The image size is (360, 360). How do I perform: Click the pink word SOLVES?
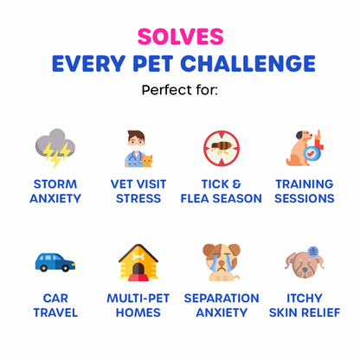pos(180,36)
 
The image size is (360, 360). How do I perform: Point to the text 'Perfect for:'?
pos(180,89)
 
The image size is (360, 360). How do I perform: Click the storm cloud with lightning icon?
pos(55,148)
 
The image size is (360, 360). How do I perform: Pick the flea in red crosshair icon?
pos(222,148)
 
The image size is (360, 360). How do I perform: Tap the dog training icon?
pos(304,148)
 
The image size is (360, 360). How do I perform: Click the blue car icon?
pos(55,260)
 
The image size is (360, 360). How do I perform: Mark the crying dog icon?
pos(222,260)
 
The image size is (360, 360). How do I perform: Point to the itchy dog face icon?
pos(304,260)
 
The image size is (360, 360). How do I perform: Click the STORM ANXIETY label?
pos(55,191)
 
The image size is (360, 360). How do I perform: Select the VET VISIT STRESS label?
pos(138,191)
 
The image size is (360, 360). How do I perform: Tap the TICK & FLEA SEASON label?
pos(222,191)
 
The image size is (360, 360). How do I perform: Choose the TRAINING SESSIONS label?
pos(304,191)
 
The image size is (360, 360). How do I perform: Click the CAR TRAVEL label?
pos(55,305)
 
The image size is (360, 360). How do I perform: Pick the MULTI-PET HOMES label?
pos(138,305)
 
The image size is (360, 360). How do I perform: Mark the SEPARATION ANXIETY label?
pos(222,305)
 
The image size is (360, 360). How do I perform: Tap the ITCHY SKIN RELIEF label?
pos(304,305)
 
